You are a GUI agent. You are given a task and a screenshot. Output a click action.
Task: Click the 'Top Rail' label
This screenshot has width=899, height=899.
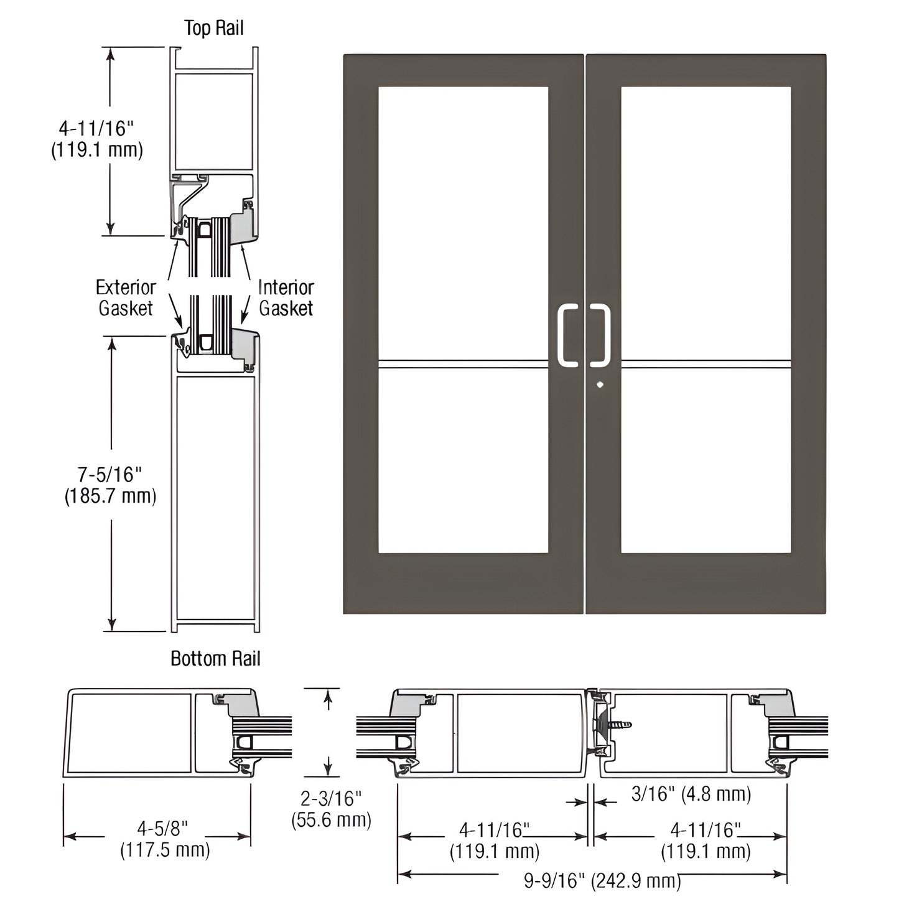pos(213,28)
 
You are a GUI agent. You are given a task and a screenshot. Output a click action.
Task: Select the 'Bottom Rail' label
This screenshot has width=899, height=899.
pos(215,658)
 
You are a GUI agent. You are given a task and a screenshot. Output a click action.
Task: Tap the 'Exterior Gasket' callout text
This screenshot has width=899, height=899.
pos(126,297)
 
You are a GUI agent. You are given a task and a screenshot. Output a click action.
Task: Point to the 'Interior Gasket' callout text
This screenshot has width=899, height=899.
pos(286,297)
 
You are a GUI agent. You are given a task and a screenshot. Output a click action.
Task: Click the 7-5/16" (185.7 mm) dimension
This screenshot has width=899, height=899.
pos(110,485)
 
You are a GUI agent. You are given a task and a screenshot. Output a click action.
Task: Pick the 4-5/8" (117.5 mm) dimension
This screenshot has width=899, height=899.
pos(164,839)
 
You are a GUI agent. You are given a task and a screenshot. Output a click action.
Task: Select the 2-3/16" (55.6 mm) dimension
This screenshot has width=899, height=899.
pos(331,809)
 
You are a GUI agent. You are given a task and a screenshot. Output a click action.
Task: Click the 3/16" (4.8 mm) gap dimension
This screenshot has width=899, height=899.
pos(691,794)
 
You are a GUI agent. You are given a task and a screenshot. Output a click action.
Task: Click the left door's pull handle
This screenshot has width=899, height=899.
pos(568,334)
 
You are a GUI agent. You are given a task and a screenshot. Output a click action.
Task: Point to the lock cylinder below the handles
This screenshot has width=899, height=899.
pos(600,384)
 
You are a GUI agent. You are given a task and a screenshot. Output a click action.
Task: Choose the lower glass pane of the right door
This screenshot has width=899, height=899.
pos(706,460)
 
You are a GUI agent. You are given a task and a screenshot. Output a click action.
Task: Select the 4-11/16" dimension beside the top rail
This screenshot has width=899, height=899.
pos(96,139)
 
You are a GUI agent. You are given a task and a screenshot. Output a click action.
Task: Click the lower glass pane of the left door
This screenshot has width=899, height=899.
pos(463,460)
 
